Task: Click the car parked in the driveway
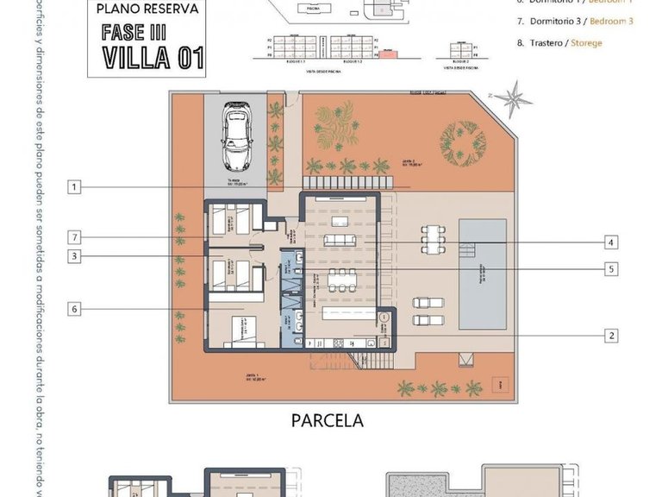click(x=235, y=137)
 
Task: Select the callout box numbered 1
click(x=75, y=186)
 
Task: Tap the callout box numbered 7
click(x=75, y=237)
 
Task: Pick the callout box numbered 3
click(x=75, y=256)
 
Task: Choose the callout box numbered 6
click(x=75, y=308)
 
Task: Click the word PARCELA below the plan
click(x=327, y=421)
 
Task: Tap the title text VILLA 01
click(x=153, y=57)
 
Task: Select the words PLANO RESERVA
click(x=147, y=9)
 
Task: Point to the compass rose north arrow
click(x=517, y=96)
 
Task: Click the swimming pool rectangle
click(x=482, y=274)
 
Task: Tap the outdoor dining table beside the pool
click(x=432, y=235)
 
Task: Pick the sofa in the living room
click(x=340, y=240)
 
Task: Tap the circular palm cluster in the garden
click(x=463, y=142)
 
